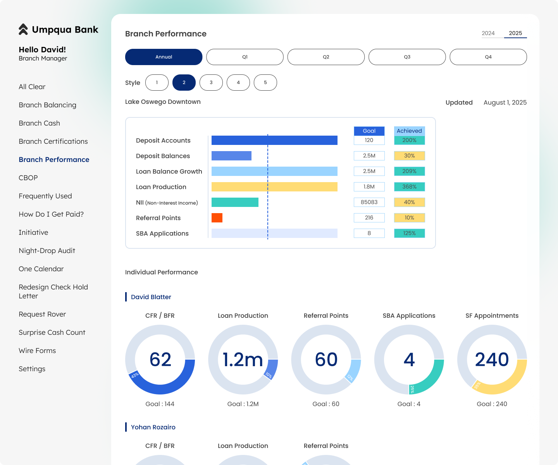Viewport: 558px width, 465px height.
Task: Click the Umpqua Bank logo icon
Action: [23, 29]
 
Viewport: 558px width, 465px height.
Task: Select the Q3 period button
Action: [407, 57]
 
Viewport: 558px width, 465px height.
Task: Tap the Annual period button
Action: [164, 57]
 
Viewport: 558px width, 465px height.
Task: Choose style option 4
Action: [238, 83]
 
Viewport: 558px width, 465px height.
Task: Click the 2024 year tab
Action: [488, 33]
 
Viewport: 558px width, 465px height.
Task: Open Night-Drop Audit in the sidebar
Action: [47, 251]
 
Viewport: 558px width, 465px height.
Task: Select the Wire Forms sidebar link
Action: [37, 351]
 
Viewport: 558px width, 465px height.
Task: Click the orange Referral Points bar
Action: [217, 218]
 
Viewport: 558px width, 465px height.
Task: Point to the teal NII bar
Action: [235, 202]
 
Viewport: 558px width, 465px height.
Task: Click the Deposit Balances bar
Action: [231, 156]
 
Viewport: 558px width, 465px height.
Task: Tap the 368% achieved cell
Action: [409, 187]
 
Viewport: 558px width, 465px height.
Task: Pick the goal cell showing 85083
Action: [369, 202]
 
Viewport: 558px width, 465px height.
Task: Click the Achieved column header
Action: [409, 131]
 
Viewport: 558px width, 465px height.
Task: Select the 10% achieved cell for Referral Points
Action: [409, 218]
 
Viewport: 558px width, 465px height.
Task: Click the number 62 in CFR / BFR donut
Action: [160, 360]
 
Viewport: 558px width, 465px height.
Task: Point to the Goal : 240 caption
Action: [492, 404]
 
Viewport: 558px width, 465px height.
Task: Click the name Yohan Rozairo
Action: [153, 427]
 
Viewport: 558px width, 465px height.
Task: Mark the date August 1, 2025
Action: [505, 103]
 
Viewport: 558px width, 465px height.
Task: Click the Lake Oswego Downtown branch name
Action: [163, 102]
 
